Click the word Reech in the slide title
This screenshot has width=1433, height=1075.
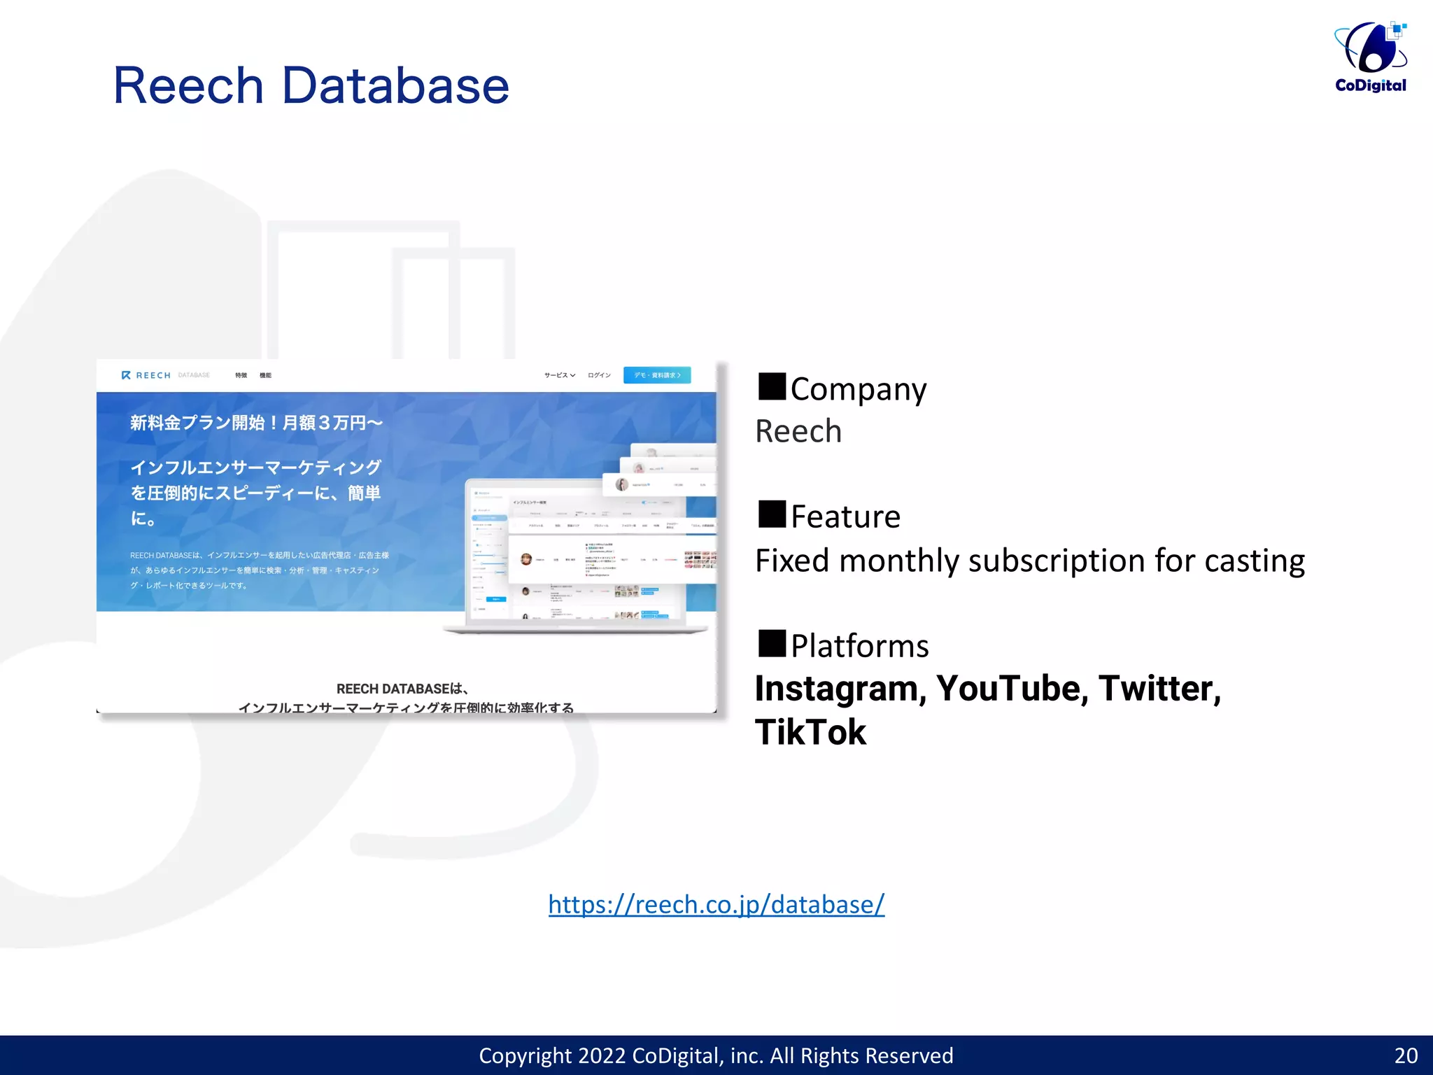[188, 86]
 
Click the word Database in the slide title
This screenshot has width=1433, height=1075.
[395, 86]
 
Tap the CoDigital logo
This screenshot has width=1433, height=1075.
[1371, 57]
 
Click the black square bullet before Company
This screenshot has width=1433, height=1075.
[772, 386]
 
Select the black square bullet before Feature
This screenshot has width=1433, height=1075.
[772, 514]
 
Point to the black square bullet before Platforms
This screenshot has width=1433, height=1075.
[772, 643]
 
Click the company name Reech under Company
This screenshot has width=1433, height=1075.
[798, 431]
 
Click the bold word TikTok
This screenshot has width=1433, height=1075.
[810, 733]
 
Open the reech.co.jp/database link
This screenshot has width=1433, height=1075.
[716, 904]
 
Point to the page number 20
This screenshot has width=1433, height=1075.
[1406, 1055]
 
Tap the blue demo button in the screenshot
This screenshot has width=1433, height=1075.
[657, 375]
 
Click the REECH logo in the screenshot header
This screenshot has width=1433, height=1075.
[146, 375]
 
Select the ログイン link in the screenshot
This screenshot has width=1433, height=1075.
[599, 375]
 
